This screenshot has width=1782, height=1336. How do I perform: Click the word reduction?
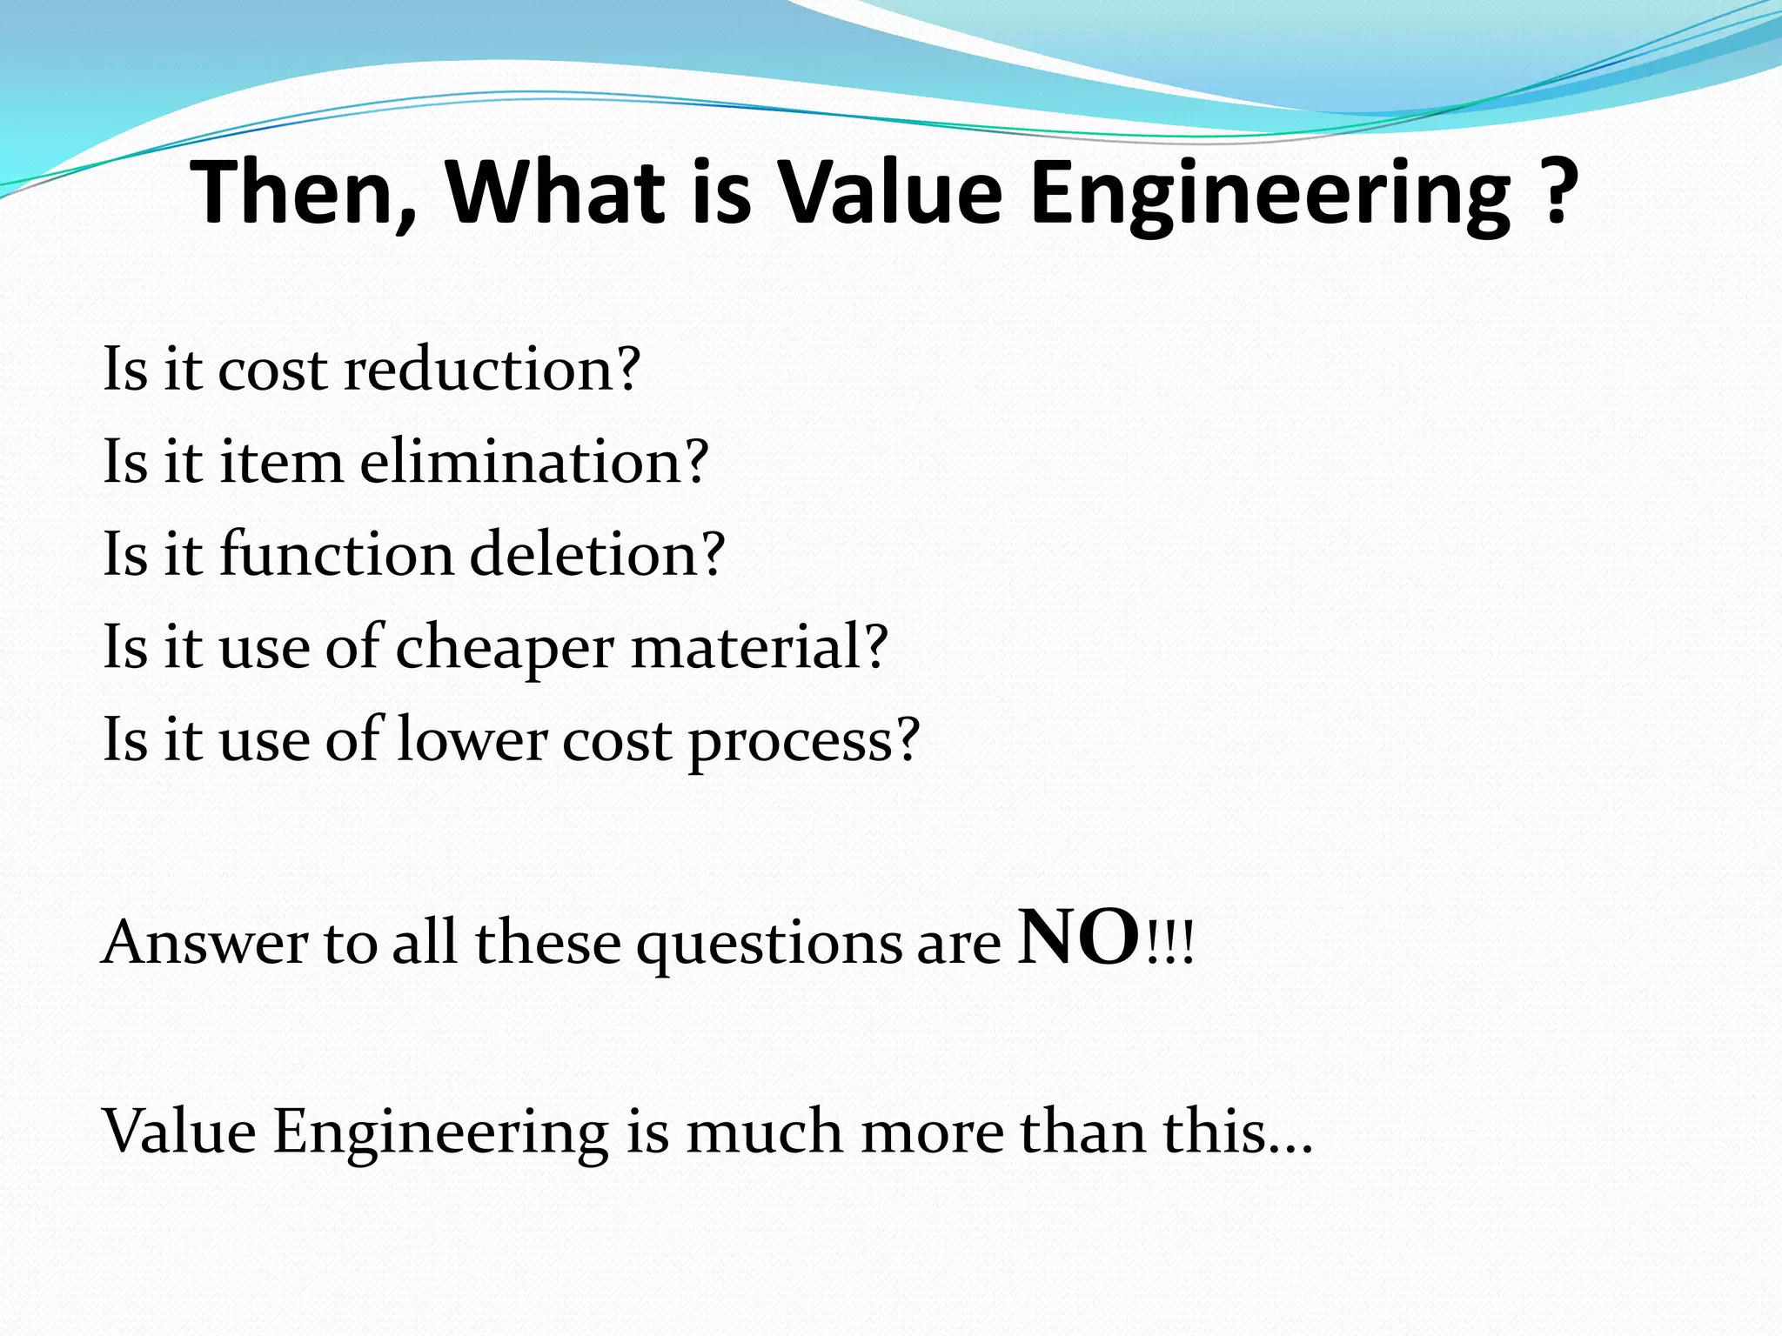[x=492, y=369]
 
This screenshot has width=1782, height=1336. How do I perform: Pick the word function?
[x=336, y=554]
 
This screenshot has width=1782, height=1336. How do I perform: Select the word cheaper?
[x=506, y=648]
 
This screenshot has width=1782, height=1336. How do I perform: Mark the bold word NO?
[x=1079, y=937]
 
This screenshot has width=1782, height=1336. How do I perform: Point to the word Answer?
[x=204, y=943]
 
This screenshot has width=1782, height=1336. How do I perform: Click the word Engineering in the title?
[x=1270, y=192]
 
